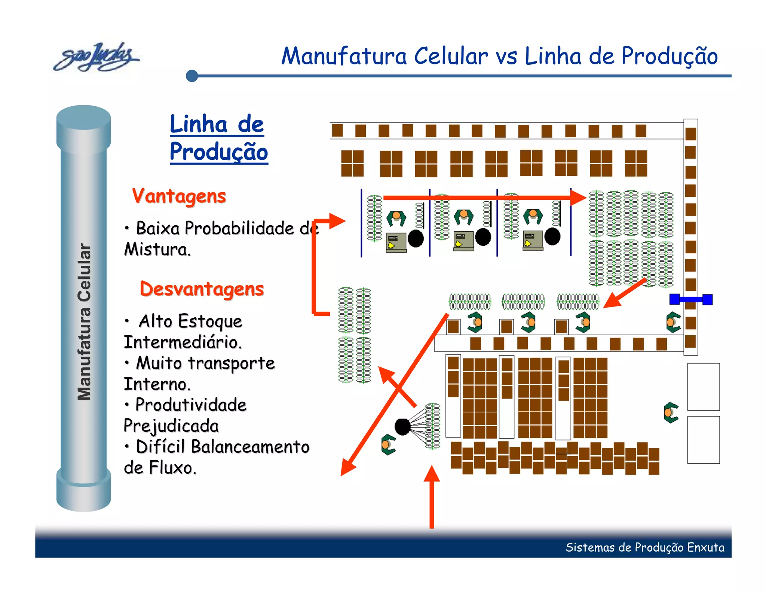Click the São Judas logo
click(x=96, y=57)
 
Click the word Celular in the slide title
click(x=451, y=56)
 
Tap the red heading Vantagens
click(x=179, y=196)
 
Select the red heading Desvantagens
click(x=202, y=289)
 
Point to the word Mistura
click(x=157, y=249)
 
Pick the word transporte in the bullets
click(x=231, y=363)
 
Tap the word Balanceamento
click(x=250, y=447)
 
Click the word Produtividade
click(x=191, y=405)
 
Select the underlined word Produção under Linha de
click(x=219, y=152)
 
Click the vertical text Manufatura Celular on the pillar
click(x=84, y=322)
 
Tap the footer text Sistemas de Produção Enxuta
click(x=645, y=547)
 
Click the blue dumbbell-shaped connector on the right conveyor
click(x=691, y=299)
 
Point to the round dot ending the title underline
click(x=192, y=76)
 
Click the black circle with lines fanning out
click(x=402, y=427)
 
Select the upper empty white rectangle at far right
click(x=703, y=387)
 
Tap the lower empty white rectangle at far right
click(x=703, y=440)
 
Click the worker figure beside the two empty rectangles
click(x=671, y=412)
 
